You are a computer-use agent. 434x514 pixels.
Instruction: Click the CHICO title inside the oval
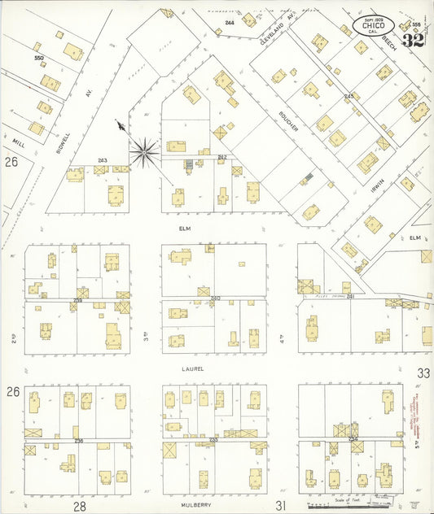coord(374,26)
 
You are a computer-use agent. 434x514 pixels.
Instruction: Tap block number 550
coord(38,59)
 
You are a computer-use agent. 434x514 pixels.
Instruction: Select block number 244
coord(230,22)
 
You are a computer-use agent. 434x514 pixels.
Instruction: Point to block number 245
coord(349,96)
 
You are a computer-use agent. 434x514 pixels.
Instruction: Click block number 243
coord(103,159)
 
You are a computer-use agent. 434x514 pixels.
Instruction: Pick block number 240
coord(215,298)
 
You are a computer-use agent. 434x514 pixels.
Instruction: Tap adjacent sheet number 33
coord(423,372)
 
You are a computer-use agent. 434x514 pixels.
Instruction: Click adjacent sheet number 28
coord(80,506)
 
